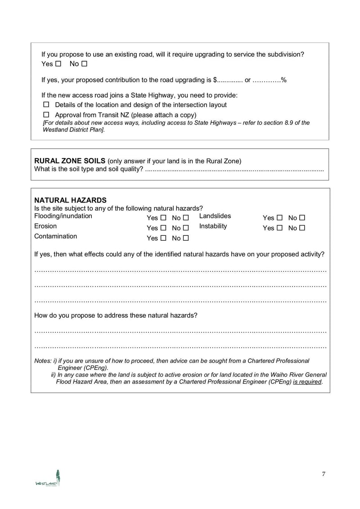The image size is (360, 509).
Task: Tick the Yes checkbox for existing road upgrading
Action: (58, 64)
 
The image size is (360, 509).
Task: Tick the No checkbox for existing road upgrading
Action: (84, 64)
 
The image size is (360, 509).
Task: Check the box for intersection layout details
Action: (46, 104)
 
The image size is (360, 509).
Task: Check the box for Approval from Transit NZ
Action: (46, 115)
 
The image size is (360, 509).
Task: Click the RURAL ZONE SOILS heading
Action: (70, 161)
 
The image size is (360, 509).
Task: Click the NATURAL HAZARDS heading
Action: (70, 200)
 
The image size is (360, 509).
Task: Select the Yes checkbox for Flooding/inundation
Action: (163, 218)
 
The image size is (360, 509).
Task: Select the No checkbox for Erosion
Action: (186, 228)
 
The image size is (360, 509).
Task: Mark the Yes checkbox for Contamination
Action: (163, 238)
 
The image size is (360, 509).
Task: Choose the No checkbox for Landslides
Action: (302, 218)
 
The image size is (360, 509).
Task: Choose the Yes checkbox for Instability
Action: (279, 228)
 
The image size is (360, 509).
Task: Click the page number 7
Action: (324, 474)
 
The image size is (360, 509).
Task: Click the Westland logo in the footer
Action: (48, 478)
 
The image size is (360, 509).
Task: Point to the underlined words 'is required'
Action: (307, 382)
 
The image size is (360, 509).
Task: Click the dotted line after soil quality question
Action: (234, 170)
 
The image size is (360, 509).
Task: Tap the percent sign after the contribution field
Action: (284, 80)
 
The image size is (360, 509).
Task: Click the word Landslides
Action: (215, 216)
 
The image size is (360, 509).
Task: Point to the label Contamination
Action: (55, 236)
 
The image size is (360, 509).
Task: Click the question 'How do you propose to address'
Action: (116, 315)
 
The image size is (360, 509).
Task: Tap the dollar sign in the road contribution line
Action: (215, 80)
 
